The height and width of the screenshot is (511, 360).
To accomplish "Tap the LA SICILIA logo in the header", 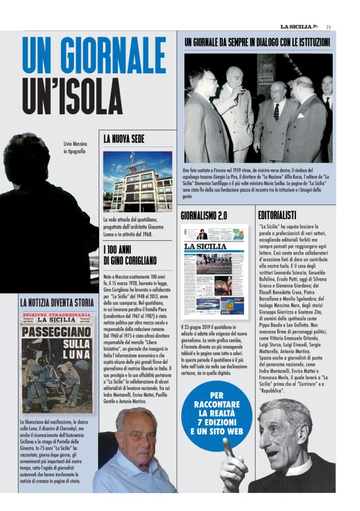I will click(300, 26).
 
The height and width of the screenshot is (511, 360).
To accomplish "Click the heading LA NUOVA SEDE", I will click(128, 140).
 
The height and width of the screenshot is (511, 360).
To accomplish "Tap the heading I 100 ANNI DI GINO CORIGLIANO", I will click(130, 256).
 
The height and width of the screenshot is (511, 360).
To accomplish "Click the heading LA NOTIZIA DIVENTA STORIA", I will click(57, 302).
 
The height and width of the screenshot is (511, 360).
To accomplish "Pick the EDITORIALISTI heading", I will click(277, 215).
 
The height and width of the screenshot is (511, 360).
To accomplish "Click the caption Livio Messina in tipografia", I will click(75, 147).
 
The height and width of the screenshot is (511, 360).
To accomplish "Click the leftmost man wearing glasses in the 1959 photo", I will click(205, 81).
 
